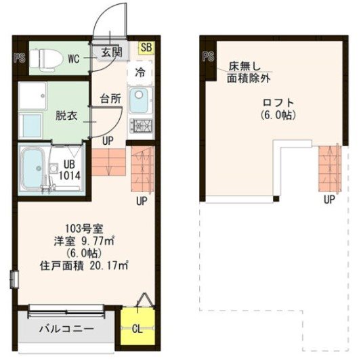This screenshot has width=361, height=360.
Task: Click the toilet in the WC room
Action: coord(47,59)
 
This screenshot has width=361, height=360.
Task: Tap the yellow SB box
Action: coord(146,47)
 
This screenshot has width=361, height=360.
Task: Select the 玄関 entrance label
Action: coord(112,53)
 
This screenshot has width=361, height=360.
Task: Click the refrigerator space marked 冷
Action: coord(140,72)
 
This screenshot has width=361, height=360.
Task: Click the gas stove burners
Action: coord(141,126)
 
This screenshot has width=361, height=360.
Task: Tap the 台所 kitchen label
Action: coord(110,99)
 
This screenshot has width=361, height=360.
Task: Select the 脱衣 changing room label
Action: coord(66,116)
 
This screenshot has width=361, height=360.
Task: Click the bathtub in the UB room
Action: coord(33,168)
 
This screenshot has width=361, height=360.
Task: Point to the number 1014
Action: coord(70,176)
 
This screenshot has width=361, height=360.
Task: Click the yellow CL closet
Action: coord(137,326)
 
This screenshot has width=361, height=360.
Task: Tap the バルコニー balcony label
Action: coord(66,328)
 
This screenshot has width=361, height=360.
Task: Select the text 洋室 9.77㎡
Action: coord(84,242)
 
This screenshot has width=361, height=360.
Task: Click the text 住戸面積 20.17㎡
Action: coord(84,266)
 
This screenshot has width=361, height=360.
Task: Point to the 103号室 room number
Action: coord(84,229)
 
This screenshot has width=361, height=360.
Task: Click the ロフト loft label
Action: coord(278,103)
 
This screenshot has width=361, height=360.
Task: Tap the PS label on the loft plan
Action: coord(209,56)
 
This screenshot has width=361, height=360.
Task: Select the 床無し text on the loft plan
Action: coord(245,67)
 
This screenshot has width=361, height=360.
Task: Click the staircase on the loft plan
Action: coord(329,169)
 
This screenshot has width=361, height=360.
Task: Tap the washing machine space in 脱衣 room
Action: coord(33,95)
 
